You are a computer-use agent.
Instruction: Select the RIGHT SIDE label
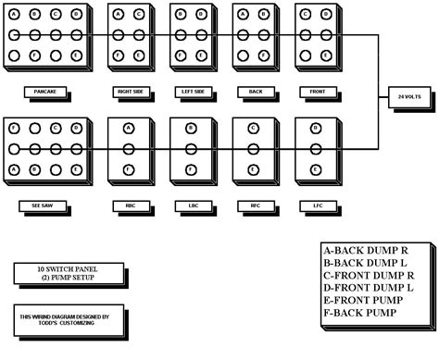pyautogui.click(x=129, y=93)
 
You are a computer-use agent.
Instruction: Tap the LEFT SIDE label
pyautogui.click(x=191, y=93)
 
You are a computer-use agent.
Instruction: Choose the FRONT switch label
pyautogui.click(x=315, y=93)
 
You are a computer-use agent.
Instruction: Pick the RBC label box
pyautogui.click(x=129, y=205)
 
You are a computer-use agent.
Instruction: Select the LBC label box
pyautogui.click(x=191, y=205)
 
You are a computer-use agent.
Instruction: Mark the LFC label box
pyautogui.click(x=315, y=205)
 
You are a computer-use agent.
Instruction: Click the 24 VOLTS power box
pyautogui.click(x=409, y=96)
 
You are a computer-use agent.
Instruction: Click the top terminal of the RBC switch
pyautogui.click(x=129, y=128)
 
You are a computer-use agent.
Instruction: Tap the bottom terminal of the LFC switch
pyautogui.click(x=316, y=169)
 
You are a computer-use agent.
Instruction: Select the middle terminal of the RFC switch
pyautogui.click(x=254, y=148)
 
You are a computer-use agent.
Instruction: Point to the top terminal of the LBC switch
pyautogui.click(x=191, y=128)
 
